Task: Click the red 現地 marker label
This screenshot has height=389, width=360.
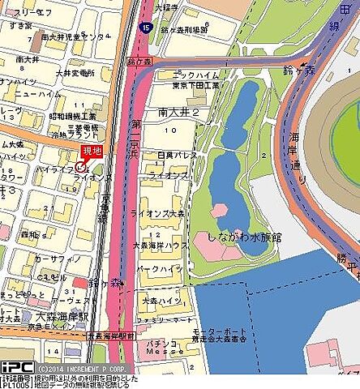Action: [92, 152]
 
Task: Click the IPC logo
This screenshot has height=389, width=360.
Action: [17, 367]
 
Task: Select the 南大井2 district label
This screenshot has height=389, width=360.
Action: [179, 112]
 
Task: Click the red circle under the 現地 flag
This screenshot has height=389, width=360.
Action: [80, 166]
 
